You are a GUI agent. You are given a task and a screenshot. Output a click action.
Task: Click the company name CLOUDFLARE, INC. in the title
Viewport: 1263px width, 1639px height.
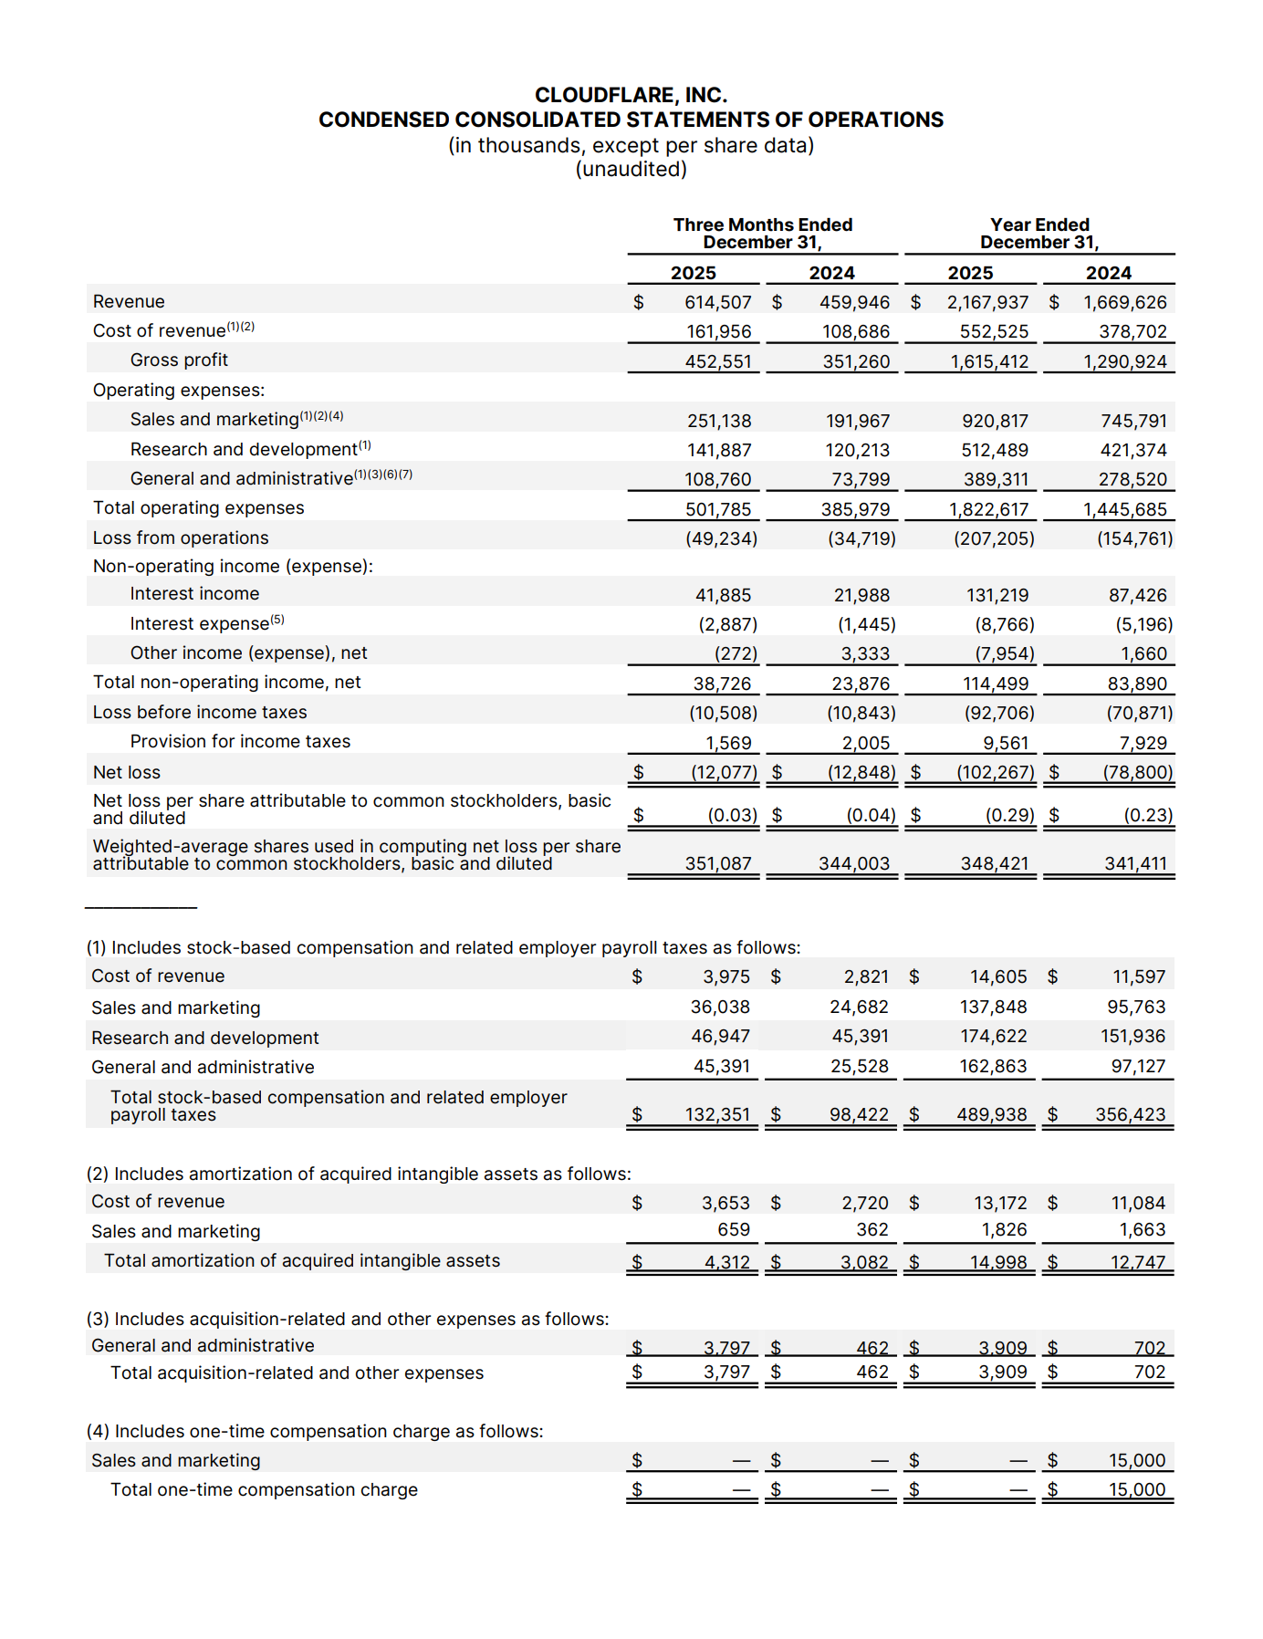click(x=631, y=95)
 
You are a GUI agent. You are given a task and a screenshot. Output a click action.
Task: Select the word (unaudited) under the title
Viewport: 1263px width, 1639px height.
click(x=631, y=169)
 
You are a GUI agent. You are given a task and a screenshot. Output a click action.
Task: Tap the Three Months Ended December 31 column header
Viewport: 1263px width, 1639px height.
click(x=763, y=233)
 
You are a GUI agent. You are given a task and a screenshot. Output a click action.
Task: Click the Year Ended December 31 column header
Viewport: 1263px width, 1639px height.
click(x=1039, y=233)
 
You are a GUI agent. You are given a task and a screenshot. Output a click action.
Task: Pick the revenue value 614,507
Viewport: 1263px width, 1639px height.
click(x=718, y=302)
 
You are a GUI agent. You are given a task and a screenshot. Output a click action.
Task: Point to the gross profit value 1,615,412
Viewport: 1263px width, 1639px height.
click(x=989, y=361)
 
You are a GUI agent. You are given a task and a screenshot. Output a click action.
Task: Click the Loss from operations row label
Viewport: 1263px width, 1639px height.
click(x=181, y=538)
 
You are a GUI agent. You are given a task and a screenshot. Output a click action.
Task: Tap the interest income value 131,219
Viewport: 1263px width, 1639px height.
click(x=997, y=595)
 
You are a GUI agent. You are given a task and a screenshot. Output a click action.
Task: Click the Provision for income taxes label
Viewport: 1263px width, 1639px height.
click(x=240, y=741)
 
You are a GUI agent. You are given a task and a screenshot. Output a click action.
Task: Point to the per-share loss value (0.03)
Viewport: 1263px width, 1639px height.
click(x=733, y=815)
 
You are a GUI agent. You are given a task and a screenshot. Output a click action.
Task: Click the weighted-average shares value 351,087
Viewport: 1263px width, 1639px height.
click(x=718, y=863)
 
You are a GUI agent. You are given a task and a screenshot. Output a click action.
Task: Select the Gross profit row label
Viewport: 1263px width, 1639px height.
click(x=179, y=360)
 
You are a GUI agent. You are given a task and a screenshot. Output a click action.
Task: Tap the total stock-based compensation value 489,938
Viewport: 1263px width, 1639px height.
click(x=992, y=1114)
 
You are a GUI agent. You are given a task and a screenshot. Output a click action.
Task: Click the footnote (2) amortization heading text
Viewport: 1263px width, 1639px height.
click(x=359, y=1174)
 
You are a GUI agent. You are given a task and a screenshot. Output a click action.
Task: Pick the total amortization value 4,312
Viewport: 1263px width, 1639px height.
click(x=727, y=1262)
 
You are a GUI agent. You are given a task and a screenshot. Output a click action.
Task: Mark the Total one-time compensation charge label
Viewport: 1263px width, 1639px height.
click(x=264, y=1489)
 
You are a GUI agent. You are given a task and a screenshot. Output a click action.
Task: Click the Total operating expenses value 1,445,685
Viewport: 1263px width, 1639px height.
click(x=1125, y=509)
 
